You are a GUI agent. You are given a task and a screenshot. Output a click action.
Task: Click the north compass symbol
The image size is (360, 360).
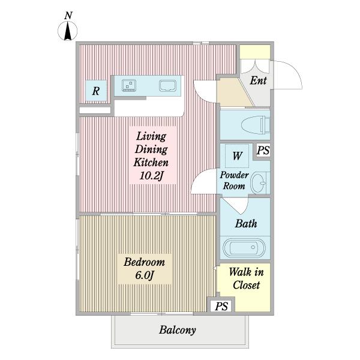click(x=67, y=31)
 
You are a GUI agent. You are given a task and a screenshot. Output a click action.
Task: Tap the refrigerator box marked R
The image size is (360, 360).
click(x=96, y=91)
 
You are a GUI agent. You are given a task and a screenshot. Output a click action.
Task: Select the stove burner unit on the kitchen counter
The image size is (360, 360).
click(x=129, y=85)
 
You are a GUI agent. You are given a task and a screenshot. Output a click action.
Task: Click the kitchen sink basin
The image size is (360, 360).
click(x=167, y=86)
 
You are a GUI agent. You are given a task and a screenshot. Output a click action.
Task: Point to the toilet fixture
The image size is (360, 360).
click(x=256, y=125)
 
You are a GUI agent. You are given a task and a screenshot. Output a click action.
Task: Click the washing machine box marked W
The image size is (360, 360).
click(x=237, y=156)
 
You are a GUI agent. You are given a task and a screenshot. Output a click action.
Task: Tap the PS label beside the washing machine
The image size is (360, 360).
click(x=263, y=151)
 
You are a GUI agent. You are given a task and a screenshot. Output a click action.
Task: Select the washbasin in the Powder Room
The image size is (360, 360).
click(x=259, y=183)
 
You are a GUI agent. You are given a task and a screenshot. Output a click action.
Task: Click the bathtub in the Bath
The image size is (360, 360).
click(x=245, y=247)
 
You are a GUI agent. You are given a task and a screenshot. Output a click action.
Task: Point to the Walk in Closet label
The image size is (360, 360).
click(x=246, y=278)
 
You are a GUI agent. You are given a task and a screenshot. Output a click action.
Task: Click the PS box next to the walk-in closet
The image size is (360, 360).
click(x=221, y=305)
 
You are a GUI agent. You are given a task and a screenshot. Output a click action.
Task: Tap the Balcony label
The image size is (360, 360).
click(x=178, y=330)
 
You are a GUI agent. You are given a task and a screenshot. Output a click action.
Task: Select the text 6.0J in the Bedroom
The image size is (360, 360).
click(x=144, y=275)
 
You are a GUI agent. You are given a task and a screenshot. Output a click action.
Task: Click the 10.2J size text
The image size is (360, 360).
click(x=151, y=176)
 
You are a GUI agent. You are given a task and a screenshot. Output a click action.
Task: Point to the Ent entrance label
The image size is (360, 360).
click(x=258, y=80)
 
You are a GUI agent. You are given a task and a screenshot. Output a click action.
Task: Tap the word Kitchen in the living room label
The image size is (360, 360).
click(x=151, y=162)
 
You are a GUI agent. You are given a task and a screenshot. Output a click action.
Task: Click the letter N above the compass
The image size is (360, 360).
click(x=68, y=16)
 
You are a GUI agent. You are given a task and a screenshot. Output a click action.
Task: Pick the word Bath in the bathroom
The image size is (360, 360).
click(x=246, y=223)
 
